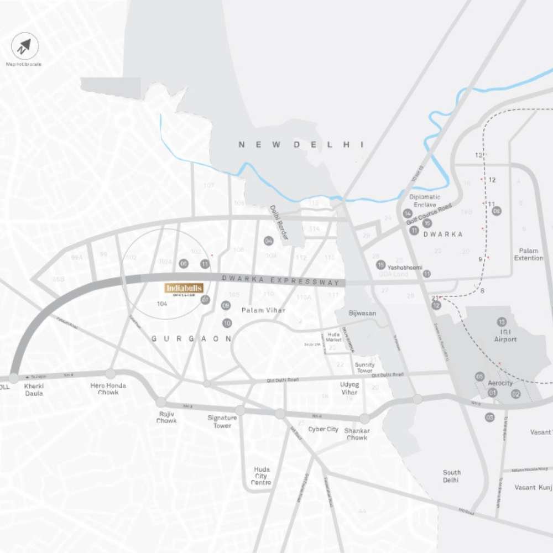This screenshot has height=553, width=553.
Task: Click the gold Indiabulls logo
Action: pos(184,289)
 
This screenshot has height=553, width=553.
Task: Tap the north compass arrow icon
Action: pos(25,46)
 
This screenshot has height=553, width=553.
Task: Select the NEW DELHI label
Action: pos(301,144)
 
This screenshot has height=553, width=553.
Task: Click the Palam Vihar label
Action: pos(263,310)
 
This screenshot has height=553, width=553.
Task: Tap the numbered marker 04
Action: pos(269,241)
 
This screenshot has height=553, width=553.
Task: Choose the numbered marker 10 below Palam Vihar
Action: pos(227,323)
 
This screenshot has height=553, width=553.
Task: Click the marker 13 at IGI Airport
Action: pos(502,322)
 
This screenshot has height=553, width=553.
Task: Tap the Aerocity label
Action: pos(500,383)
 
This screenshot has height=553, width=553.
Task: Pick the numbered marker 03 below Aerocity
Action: pos(489,418)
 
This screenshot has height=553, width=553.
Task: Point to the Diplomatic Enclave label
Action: pos(425,200)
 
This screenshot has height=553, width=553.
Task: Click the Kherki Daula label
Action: pos(34,389)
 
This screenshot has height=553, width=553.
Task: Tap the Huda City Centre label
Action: pos(261,476)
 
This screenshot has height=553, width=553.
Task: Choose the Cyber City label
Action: pos(323,429)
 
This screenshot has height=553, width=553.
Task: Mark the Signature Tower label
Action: pos(222,421)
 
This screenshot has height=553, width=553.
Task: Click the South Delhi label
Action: pos(451,476)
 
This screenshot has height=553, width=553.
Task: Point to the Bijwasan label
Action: pos(362,313)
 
